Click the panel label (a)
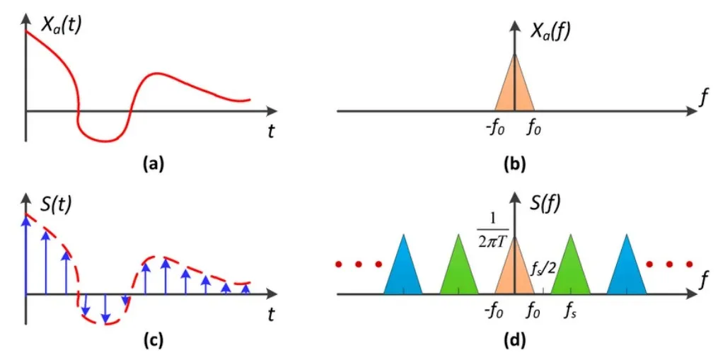pyautogui.click(x=153, y=165)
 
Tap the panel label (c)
pyautogui.click(x=153, y=340)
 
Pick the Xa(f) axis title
pyautogui.click(x=553, y=31)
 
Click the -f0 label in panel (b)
pyautogui.click(x=492, y=130)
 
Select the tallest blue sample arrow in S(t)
pyautogui.click(x=26, y=255)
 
